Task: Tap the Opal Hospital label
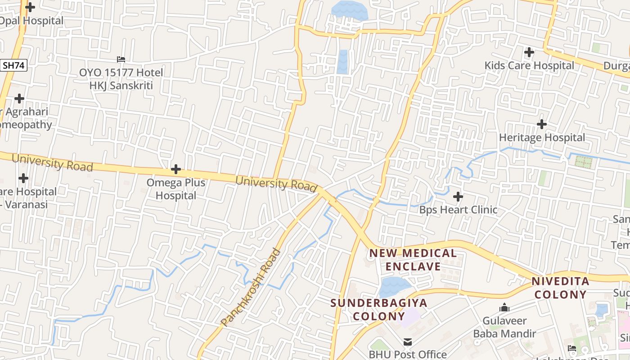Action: click(31, 21)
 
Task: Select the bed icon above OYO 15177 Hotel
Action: click(121, 59)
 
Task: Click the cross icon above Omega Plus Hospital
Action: click(176, 170)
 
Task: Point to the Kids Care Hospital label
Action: click(529, 66)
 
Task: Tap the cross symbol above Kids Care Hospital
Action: click(529, 52)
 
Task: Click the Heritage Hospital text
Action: click(542, 138)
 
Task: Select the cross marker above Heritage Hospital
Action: click(542, 124)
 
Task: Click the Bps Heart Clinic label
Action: click(459, 210)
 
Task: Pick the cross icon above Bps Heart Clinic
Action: click(458, 197)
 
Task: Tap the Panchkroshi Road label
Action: click(251, 288)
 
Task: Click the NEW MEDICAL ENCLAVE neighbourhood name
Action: click(413, 260)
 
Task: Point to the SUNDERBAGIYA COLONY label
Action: click(378, 309)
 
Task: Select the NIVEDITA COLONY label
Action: click(560, 288)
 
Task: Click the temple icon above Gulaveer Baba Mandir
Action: click(504, 308)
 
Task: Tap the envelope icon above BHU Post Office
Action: click(408, 342)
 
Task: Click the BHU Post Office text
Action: click(408, 355)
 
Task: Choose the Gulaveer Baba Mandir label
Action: click(504, 327)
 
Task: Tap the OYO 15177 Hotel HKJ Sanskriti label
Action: click(121, 79)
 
